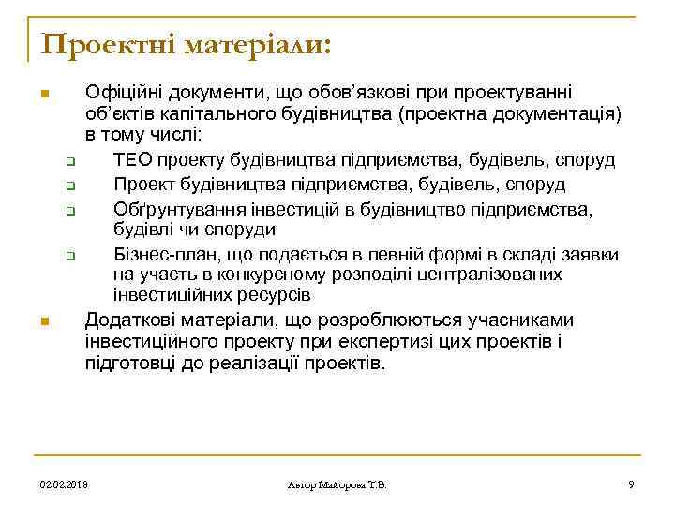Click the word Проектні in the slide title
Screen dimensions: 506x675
point(102,44)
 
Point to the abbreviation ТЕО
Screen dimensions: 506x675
point(132,160)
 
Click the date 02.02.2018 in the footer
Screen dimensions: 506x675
point(64,484)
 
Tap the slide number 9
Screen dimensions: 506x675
point(631,484)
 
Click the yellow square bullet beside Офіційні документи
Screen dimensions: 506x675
point(43,95)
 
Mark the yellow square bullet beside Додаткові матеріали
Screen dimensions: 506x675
point(43,322)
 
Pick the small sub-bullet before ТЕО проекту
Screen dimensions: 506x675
point(70,161)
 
